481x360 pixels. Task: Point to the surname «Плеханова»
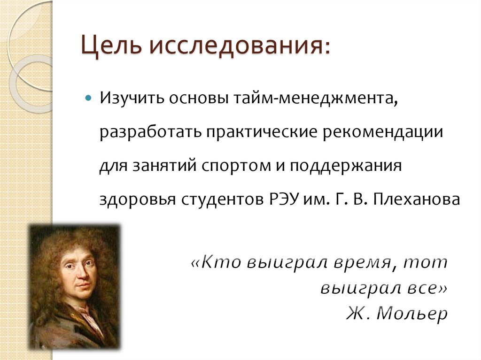click(x=416, y=199)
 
